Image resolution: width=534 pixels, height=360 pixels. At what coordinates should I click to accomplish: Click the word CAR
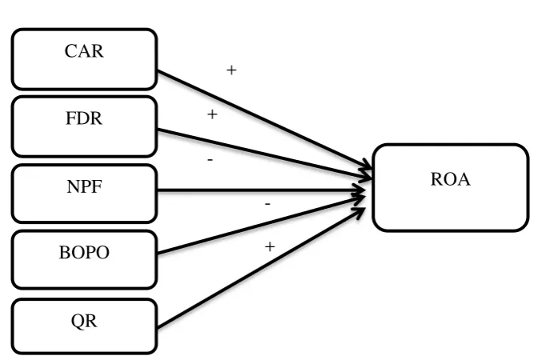pyautogui.click(x=84, y=51)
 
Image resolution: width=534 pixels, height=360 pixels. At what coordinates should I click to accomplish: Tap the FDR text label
pyautogui.click(x=84, y=118)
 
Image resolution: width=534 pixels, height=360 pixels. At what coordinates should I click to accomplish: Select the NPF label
pyautogui.click(x=84, y=186)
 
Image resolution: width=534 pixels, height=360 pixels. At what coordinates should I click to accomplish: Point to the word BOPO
pyautogui.click(x=84, y=253)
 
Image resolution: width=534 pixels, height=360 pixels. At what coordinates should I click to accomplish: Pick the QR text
pyautogui.click(x=84, y=321)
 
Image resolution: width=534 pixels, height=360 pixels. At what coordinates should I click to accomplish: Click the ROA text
pyautogui.click(x=450, y=179)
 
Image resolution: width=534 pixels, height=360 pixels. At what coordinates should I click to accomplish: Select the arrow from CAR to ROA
pyautogui.click(x=265, y=120)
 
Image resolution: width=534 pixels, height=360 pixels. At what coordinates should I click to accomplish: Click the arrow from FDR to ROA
pyautogui.click(x=265, y=154)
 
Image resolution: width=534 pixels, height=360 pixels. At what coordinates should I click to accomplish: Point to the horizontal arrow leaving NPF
pyautogui.click(x=262, y=190)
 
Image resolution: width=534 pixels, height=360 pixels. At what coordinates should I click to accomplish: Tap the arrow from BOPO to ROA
pyautogui.click(x=262, y=225)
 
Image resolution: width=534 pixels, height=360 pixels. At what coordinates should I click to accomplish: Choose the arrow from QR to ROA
pyautogui.click(x=262, y=268)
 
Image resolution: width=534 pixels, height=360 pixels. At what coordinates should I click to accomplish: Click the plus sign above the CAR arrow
pyautogui.click(x=231, y=70)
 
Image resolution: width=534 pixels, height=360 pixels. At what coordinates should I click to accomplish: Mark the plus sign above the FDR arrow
pyautogui.click(x=212, y=114)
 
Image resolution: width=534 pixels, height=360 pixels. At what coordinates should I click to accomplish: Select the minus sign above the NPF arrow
pyautogui.click(x=210, y=159)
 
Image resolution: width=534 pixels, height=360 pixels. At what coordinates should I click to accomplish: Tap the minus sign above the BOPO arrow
pyautogui.click(x=267, y=204)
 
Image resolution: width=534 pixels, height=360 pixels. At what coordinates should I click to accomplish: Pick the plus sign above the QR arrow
pyautogui.click(x=270, y=246)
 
